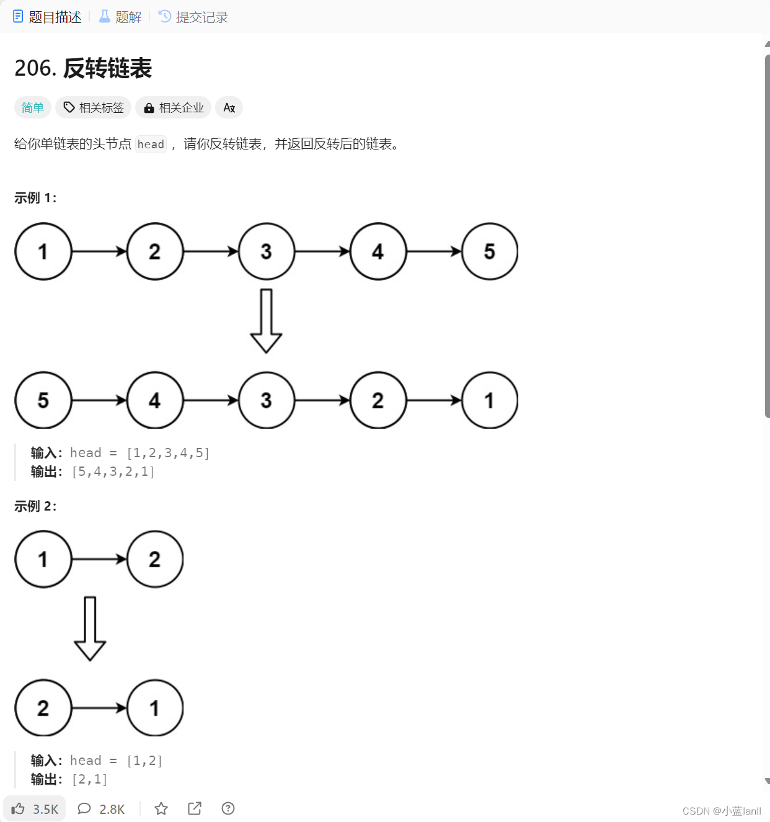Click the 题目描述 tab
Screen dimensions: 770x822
[48, 17]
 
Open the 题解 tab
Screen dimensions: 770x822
[121, 17]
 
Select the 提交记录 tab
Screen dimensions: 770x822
[193, 17]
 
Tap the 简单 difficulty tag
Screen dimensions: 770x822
[32, 107]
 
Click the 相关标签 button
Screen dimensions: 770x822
[94, 107]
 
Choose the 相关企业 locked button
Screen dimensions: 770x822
[174, 107]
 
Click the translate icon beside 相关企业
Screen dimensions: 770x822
[229, 107]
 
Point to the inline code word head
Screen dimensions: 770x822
[151, 145]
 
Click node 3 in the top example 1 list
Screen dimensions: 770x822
[267, 251]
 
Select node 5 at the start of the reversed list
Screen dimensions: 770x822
[43, 400]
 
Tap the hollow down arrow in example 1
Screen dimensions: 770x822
[267, 321]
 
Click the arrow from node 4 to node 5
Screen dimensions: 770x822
[434, 251]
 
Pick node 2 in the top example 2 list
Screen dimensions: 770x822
[155, 559]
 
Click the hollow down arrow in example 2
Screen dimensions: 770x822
[90, 628]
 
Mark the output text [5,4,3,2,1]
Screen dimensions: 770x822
[113, 471]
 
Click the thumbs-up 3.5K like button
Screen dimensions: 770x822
[35, 808]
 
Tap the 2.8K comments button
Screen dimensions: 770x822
[101, 808]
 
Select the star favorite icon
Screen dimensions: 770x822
[161, 808]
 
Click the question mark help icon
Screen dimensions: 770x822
[228, 808]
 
